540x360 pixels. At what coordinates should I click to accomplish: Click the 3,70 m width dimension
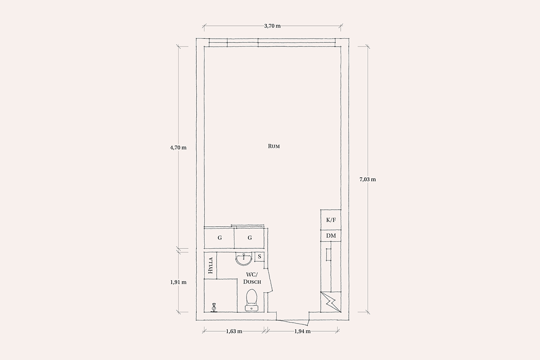pyautogui.click(x=272, y=26)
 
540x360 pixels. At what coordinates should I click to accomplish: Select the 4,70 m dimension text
pyautogui.click(x=178, y=148)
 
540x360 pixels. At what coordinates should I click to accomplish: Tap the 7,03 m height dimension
pyautogui.click(x=368, y=180)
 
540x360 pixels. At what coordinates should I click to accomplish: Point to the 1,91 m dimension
pyautogui.click(x=178, y=282)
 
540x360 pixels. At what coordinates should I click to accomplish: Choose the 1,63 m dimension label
pyautogui.click(x=234, y=331)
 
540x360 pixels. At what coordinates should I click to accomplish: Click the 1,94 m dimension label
pyautogui.click(x=302, y=331)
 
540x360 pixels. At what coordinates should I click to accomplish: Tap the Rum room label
pyautogui.click(x=274, y=146)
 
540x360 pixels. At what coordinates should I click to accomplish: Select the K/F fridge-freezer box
pyautogui.click(x=331, y=220)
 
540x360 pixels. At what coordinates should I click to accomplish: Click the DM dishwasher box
pyautogui.click(x=331, y=236)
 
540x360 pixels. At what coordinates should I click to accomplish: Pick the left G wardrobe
pyautogui.click(x=219, y=238)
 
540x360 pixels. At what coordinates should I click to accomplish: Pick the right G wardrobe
pyautogui.click(x=249, y=238)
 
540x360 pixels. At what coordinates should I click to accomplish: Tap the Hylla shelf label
pyautogui.click(x=211, y=265)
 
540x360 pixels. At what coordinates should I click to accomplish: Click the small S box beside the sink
pyautogui.click(x=259, y=256)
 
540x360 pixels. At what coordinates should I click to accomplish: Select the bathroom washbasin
pyautogui.click(x=244, y=259)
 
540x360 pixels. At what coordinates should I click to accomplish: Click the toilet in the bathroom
pyautogui.click(x=252, y=300)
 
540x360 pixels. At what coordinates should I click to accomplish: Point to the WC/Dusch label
pyautogui.click(x=252, y=278)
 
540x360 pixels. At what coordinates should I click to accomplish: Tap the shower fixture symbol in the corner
pyautogui.click(x=214, y=308)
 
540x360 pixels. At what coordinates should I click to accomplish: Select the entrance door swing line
pyautogui.click(x=292, y=323)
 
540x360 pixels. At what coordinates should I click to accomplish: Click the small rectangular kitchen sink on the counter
pyautogui.click(x=328, y=255)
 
